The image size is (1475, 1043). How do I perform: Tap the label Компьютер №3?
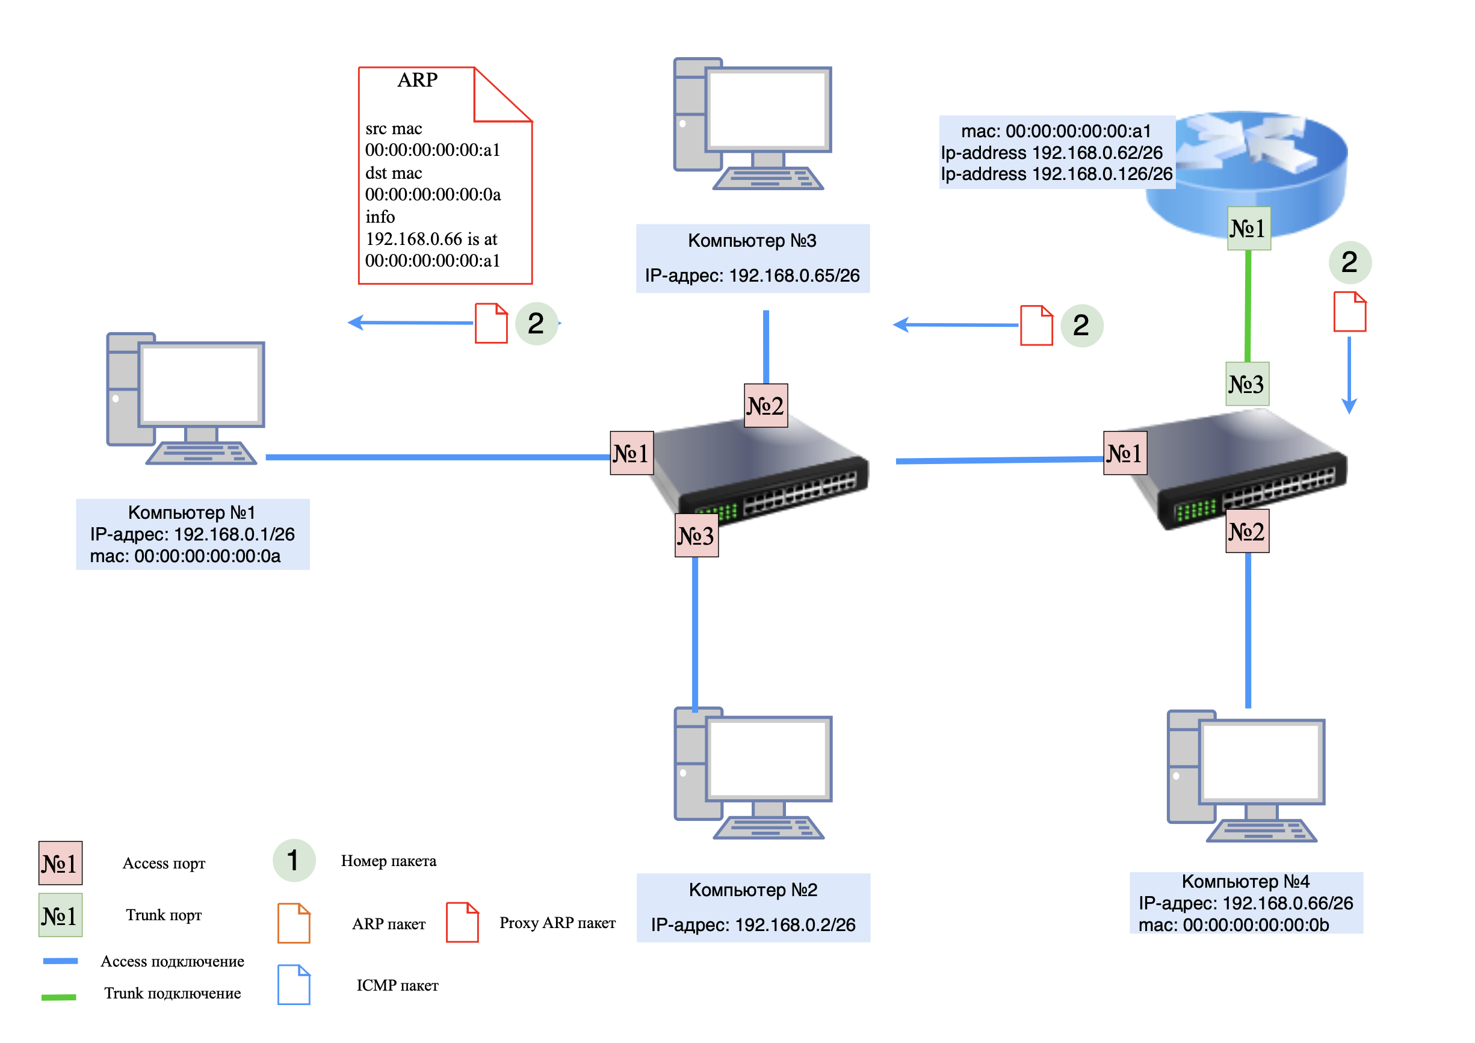pyautogui.click(x=752, y=241)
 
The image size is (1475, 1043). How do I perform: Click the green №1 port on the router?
pyautogui.click(x=1248, y=228)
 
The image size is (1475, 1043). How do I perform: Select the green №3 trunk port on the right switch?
pyautogui.click(x=1247, y=385)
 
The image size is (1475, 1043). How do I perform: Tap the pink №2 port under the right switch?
pyautogui.click(x=1247, y=531)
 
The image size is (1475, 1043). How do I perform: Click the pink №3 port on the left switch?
pyautogui.click(x=696, y=535)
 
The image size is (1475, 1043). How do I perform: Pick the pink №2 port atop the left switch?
pyautogui.click(x=765, y=406)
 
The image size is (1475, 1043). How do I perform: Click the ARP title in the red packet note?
pyautogui.click(x=417, y=79)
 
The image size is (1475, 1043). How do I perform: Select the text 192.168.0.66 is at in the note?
pyautogui.click(x=431, y=239)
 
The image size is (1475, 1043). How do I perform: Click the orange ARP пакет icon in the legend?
pyautogui.click(x=294, y=923)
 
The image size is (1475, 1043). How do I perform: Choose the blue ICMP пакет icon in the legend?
pyautogui.click(x=294, y=984)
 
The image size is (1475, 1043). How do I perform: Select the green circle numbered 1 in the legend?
pyautogui.click(x=294, y=860)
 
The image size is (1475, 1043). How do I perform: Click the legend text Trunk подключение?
pyautogui.click(x=172, y=993)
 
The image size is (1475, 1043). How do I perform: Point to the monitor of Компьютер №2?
pyautogui.click(x=768, y=758)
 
